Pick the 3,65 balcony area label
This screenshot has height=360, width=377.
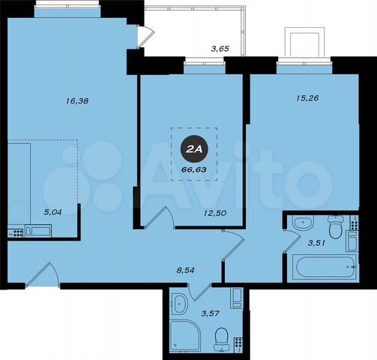(220, 49)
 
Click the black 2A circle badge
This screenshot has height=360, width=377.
(194, 150)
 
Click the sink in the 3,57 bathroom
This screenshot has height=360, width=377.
(180, 304)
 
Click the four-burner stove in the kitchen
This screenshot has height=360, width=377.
(16, 229)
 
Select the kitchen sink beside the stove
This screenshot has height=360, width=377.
(37, 230)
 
